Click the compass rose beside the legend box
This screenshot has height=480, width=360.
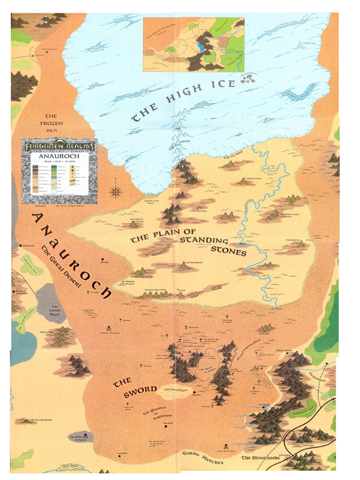[x=116, y=191]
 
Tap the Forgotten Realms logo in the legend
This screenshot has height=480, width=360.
[x=60, y=146]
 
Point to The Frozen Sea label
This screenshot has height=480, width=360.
[x=54, y=123]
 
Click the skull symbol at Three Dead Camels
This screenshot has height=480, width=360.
[x=225, y=446]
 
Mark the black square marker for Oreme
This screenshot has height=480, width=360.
[x=102, y=259]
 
